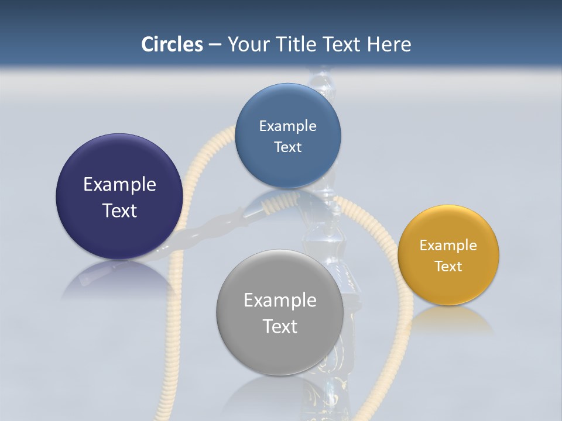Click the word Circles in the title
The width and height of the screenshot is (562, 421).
click(x=172, y=44)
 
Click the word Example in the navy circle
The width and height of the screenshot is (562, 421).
click(x=119, y=185)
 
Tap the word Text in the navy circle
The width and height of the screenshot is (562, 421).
click(x=119, y=210)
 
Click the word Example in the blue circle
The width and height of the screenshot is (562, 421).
click(x=287, y=126)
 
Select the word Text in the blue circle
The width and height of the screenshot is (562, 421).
click(x=287, y=147)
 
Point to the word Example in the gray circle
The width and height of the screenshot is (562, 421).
click(x=280, y=301)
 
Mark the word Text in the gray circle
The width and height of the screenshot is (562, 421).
click(x=280, y=326)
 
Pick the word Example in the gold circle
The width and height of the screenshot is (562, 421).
click(x=448, y=246)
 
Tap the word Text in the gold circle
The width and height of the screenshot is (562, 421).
click(x=448, y=267)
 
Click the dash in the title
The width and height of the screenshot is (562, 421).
click(x=215, y=45)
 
